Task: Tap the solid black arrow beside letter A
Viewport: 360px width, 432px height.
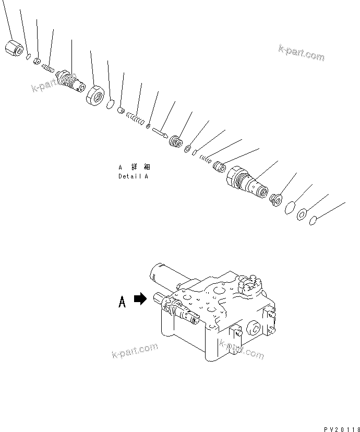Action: [140, 299]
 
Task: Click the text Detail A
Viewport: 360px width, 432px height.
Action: [133, 176]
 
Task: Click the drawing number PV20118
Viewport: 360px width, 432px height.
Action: [341, 429]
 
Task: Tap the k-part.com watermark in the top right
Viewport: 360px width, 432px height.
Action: [301, 53]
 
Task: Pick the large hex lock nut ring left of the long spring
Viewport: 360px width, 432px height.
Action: [96, 95]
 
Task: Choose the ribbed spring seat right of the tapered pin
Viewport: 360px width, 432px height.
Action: [175, 141]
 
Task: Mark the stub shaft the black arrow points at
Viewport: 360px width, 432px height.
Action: [157, 298]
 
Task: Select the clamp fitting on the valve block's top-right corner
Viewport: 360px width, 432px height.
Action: [247, 285]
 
